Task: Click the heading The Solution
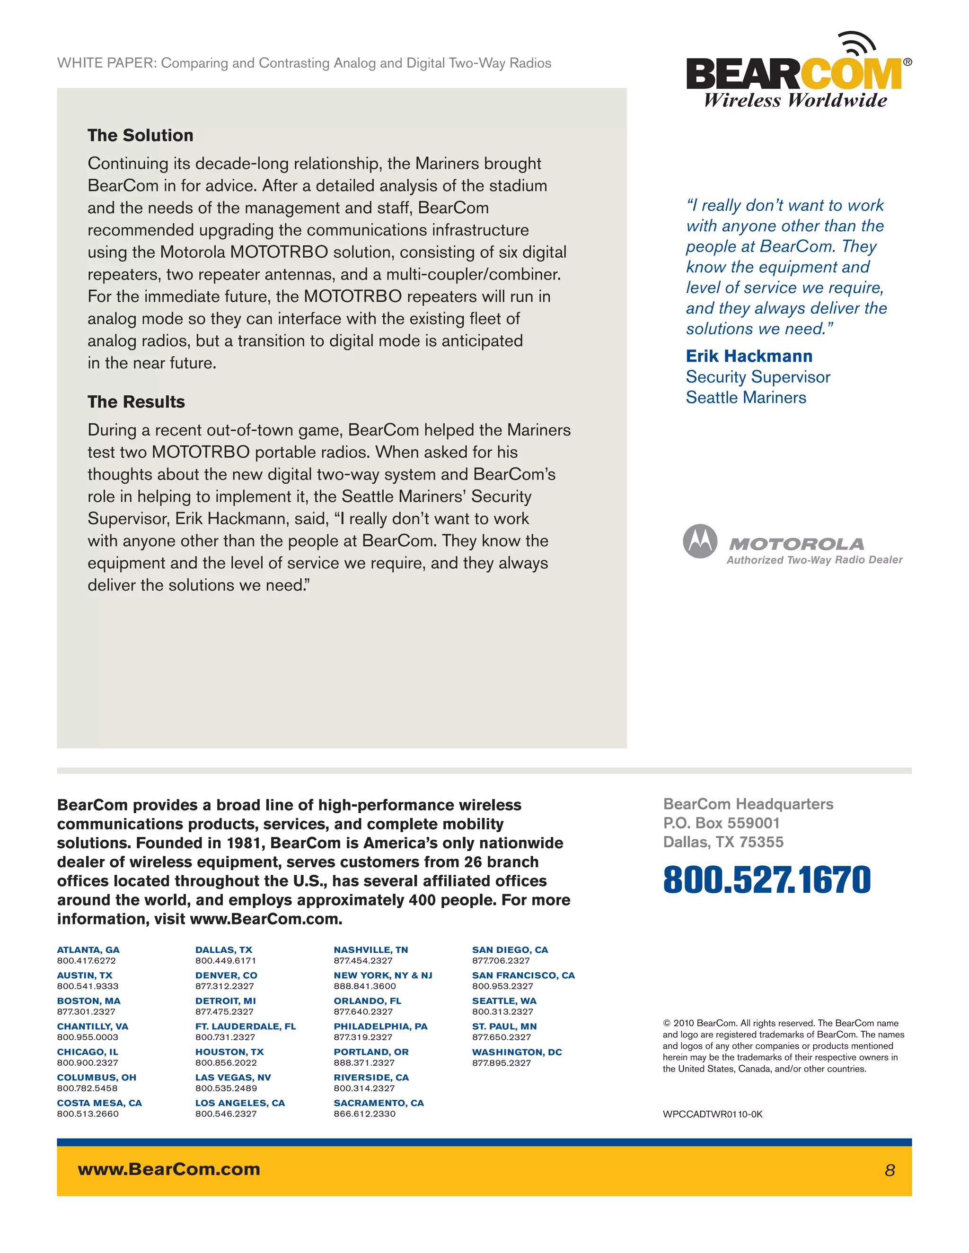140,135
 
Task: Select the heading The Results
136,401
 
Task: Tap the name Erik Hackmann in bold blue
749,357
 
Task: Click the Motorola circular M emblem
699,541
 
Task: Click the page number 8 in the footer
889,1170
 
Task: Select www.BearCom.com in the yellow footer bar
169,1169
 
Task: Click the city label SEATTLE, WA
503,1001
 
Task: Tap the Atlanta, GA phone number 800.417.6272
86,960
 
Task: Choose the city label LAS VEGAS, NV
232,1078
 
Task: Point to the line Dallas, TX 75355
723,842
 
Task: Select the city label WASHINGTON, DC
516,1052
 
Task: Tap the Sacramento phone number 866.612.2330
364,1114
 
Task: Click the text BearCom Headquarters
748,804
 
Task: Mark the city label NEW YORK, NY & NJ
382,975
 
